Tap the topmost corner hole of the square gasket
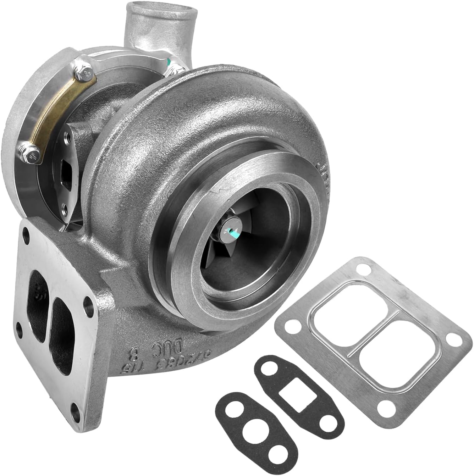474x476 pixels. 367,270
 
